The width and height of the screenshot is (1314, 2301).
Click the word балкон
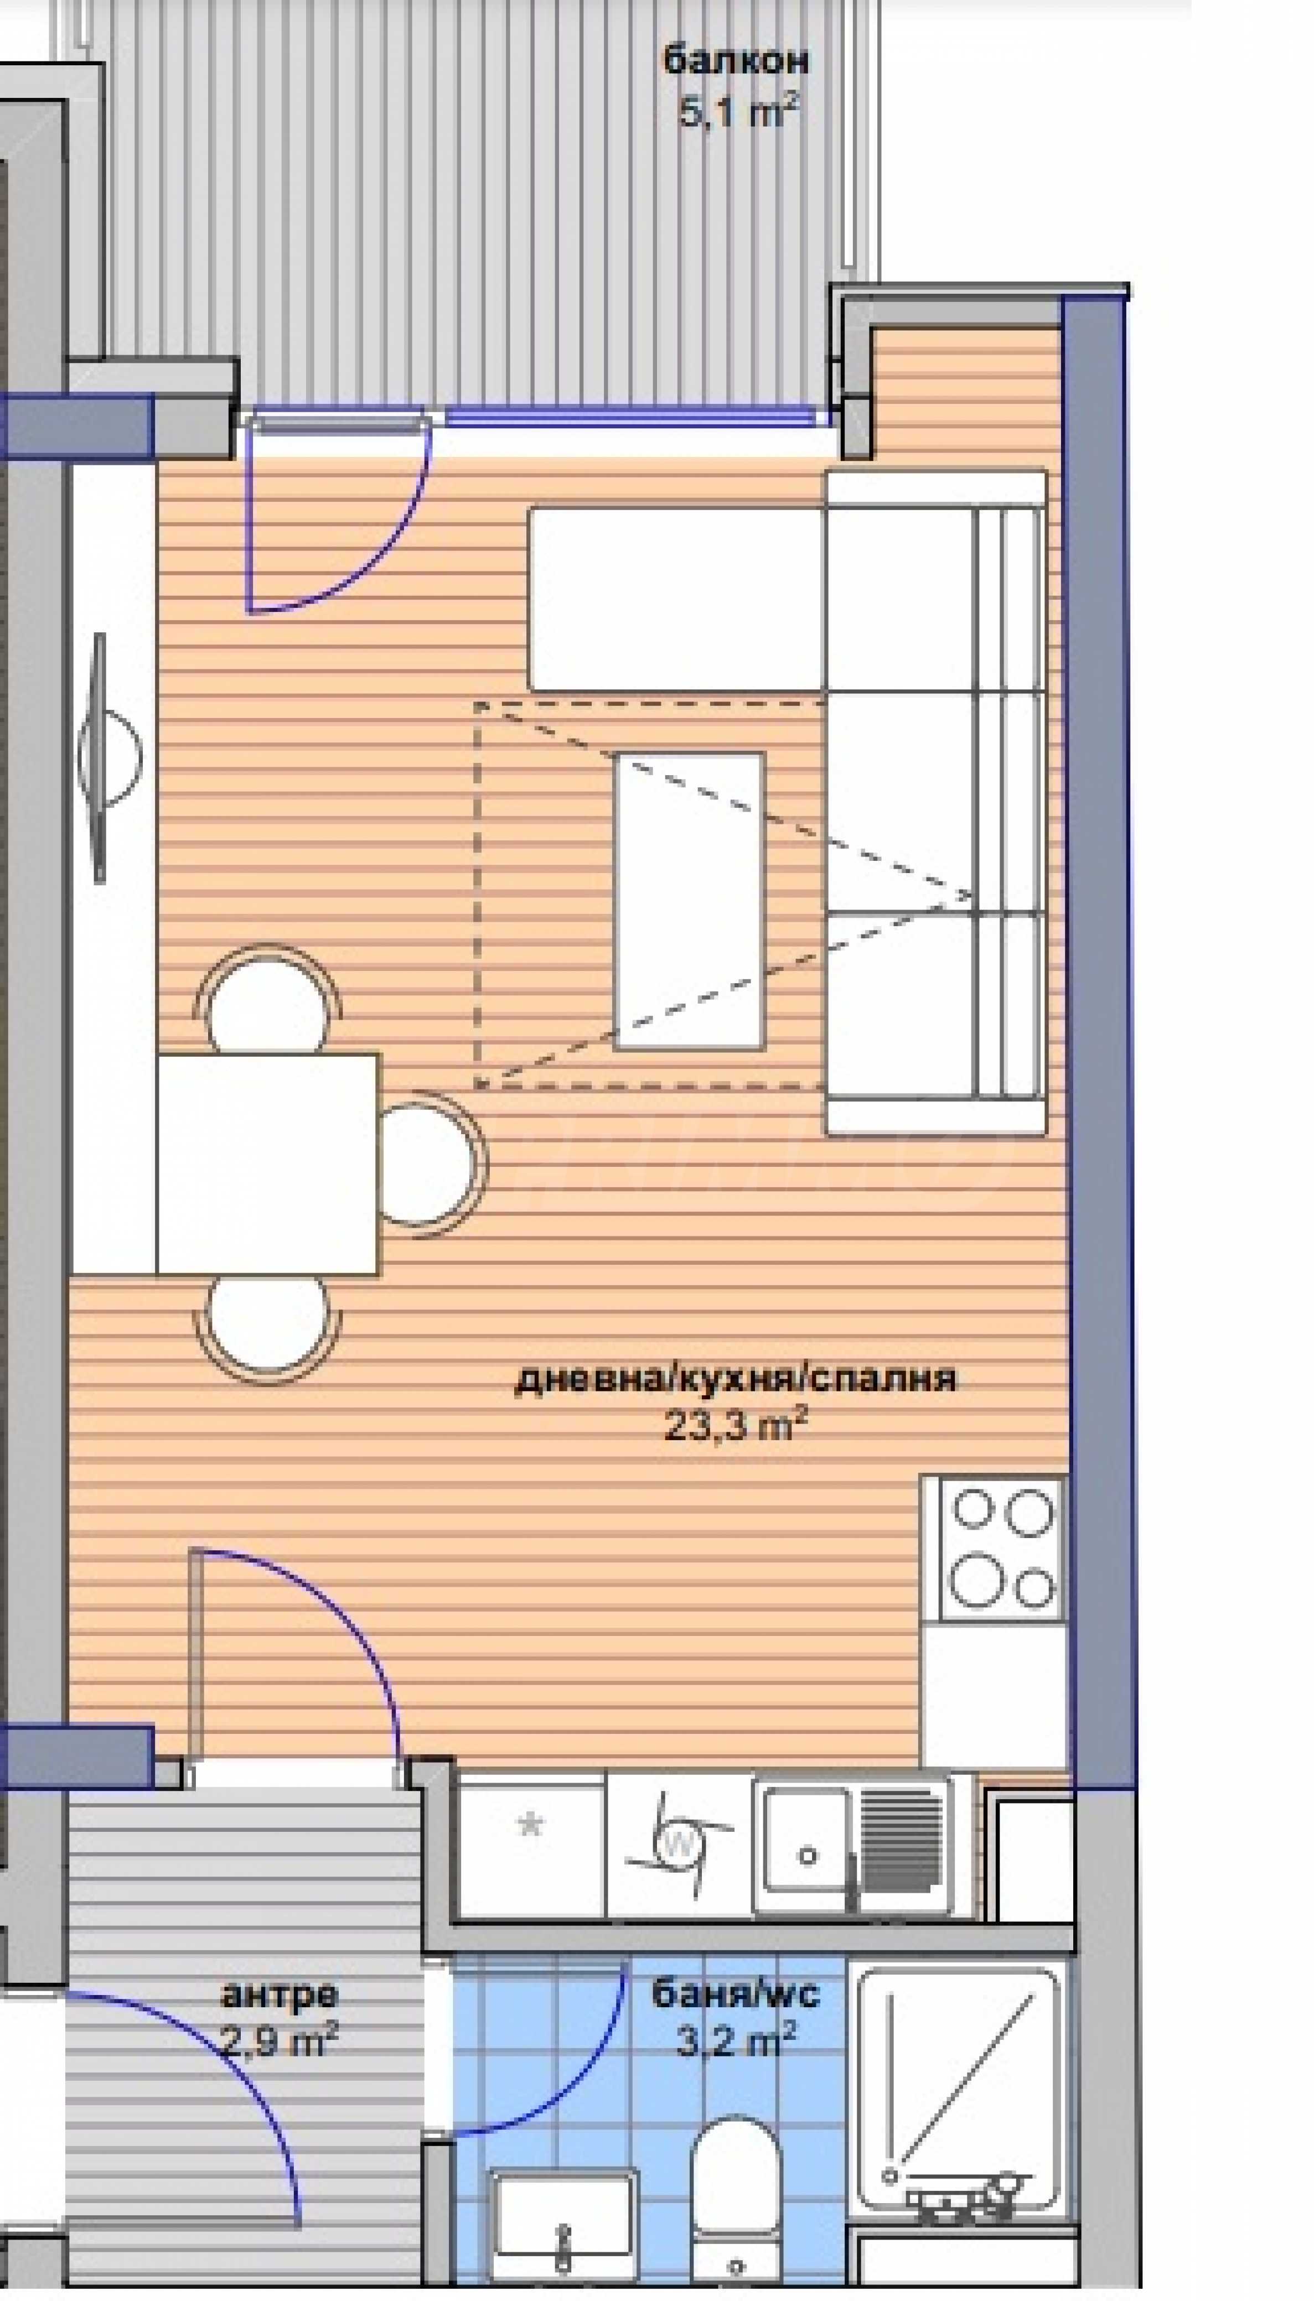pos(736,61)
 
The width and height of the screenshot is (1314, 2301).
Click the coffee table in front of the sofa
pos(689,901)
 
